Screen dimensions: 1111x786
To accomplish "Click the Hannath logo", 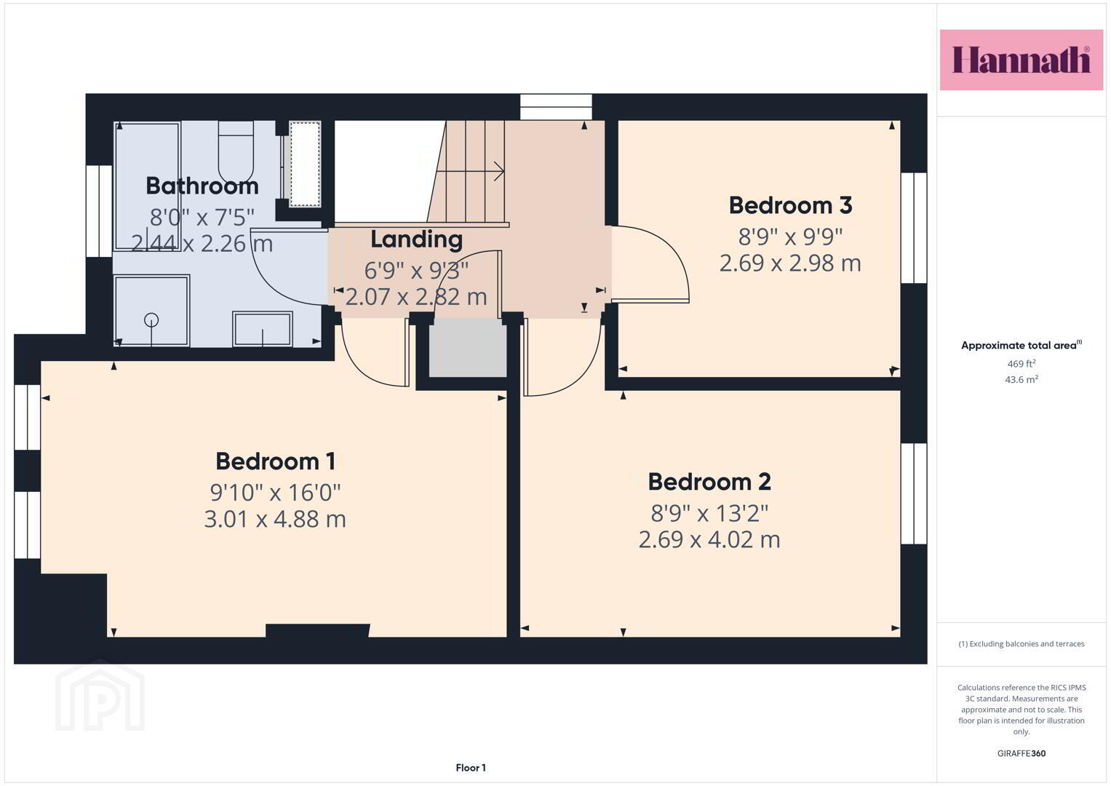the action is (1022, 60).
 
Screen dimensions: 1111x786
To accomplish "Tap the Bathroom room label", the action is (202, 186).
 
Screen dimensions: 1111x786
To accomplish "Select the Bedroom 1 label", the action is (275, 461).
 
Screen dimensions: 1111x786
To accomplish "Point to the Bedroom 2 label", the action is (709, 482).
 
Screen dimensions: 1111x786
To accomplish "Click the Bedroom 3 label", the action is (791, 205).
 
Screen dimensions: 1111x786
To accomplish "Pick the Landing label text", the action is (417, 240).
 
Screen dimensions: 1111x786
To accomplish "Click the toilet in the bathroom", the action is (236, 152).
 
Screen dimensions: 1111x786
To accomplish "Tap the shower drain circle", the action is (151, 320).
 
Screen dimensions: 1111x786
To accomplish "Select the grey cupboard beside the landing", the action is (468, 347).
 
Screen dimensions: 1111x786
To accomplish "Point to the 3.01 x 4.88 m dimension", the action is (275, 519).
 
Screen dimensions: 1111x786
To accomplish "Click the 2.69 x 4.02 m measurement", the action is (709, 539).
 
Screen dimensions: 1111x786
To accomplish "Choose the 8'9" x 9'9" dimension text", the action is (791, 237).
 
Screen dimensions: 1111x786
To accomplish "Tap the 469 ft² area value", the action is (1022, 364).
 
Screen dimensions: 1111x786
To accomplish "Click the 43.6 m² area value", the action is (1022, 380).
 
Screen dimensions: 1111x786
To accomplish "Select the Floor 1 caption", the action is (471, 768).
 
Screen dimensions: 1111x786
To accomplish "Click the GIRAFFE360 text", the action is (1022, 753).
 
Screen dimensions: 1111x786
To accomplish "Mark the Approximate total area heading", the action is (1022, 346).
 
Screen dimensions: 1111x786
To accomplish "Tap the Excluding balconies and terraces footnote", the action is (1022, 644).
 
